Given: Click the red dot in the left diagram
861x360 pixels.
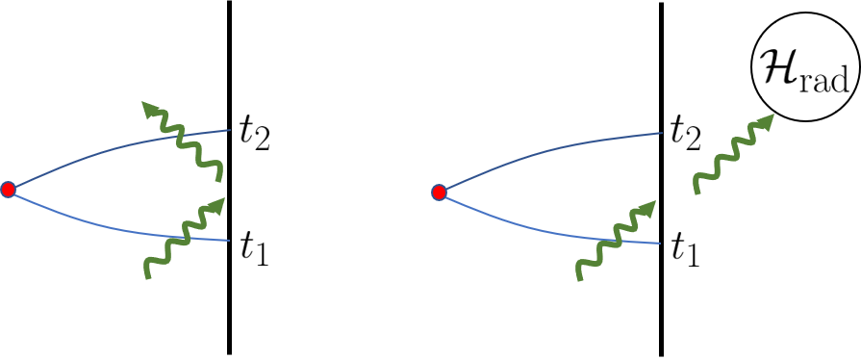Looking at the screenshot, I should point(9,190).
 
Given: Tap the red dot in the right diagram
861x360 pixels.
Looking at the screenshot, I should point(439,193).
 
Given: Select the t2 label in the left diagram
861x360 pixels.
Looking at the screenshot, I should point(254,133).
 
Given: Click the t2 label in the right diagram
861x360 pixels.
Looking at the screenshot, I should point(684,133).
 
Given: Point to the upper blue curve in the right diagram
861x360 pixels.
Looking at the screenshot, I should point(539,149).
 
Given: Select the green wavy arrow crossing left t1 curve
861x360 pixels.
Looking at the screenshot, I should point(183,239).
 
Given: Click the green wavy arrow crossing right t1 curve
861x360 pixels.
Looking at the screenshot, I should point(616,240).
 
